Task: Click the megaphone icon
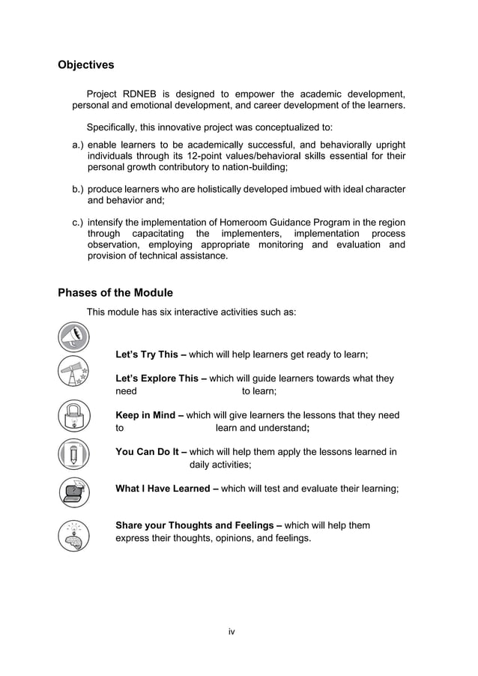(x=75, y=337)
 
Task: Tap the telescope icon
(x=75, y=373)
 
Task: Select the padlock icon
(x=75, y=416)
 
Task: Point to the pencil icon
(x=75, y=454)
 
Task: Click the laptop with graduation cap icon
(x=75, y=492)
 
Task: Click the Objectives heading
(x=86, y=65)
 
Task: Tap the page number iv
(x=232, y=632)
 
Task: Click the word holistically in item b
(x=222, y=188)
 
